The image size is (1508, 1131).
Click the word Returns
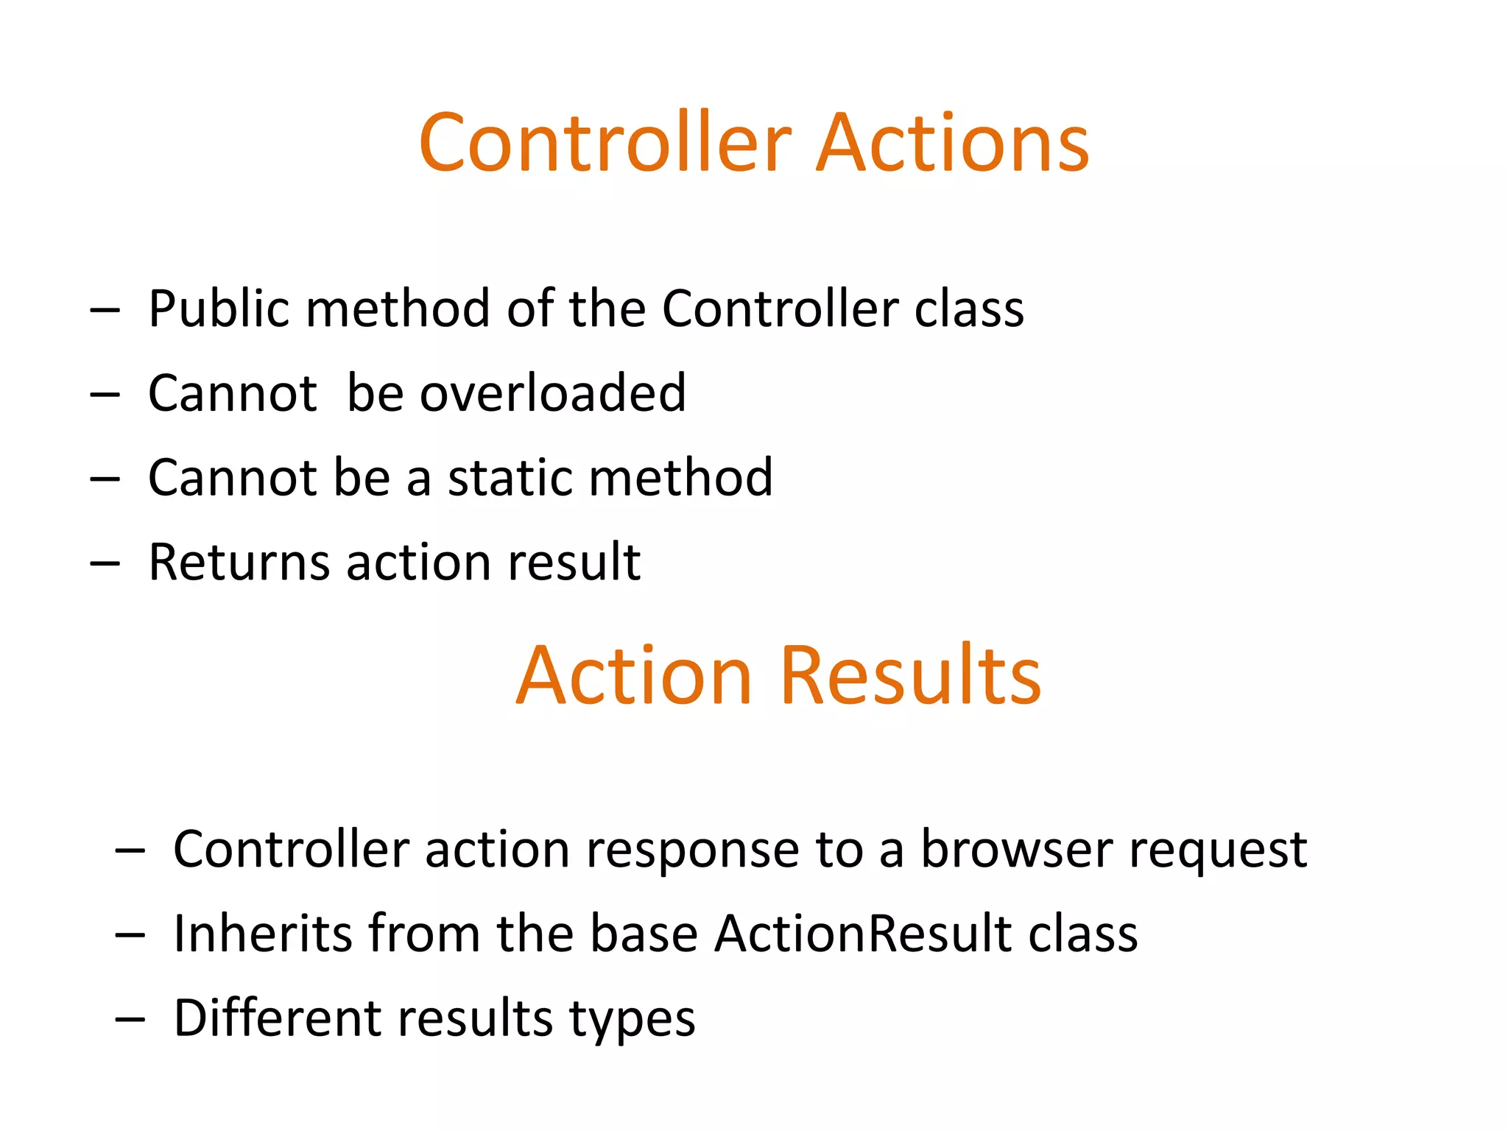tap(239, 563)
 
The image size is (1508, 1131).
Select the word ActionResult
tap(862, 934)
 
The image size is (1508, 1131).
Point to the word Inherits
tap(262, 934)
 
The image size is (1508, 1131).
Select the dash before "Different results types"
tap(130, 1021)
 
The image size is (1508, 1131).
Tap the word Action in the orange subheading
tap(633, 675)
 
